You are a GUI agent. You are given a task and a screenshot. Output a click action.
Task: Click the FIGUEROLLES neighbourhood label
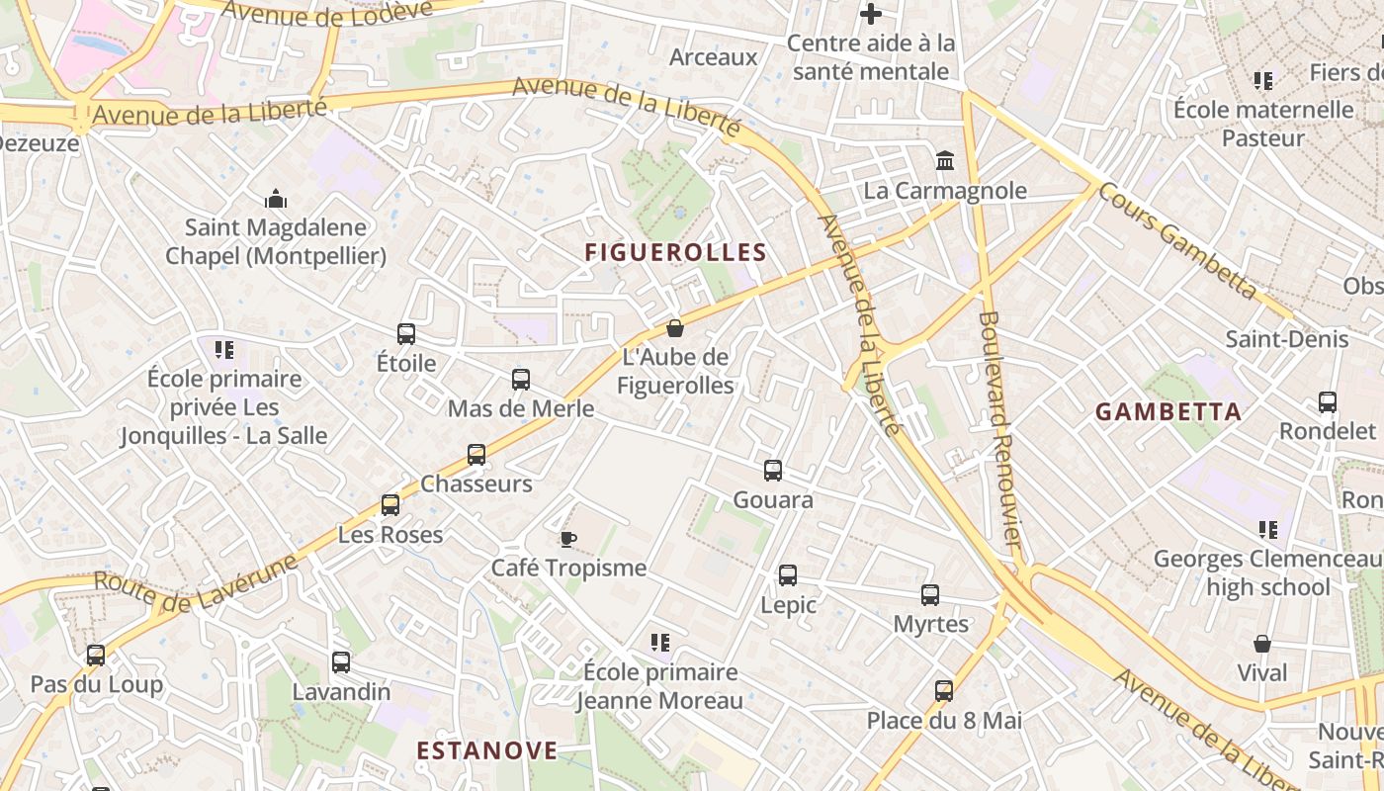(675, 252)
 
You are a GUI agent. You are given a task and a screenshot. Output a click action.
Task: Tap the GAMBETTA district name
(1168, 412)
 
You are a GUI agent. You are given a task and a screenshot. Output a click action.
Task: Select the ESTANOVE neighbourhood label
(487, 750)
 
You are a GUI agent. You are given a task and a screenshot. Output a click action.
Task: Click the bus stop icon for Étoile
(406, 334)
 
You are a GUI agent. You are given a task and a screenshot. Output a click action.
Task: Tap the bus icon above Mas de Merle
(521, 380)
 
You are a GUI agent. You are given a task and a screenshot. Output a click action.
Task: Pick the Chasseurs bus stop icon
(476, 455)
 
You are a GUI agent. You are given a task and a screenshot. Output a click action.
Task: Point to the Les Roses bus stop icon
(390, 505)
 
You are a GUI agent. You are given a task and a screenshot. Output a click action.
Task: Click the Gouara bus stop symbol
(773, 471)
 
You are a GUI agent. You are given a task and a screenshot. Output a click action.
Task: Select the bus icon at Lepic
(788, 575)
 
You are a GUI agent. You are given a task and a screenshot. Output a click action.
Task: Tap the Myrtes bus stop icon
(930, 595)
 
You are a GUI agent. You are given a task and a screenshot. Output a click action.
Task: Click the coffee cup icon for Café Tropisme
(567, 539)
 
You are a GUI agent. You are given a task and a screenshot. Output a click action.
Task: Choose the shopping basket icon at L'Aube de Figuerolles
(675, 327)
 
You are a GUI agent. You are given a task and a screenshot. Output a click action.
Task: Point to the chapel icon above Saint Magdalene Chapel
(276, 199)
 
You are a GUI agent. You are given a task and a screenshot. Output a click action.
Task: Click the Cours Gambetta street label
(1176, 240)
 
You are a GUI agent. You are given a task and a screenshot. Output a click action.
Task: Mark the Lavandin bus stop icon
(341, 662)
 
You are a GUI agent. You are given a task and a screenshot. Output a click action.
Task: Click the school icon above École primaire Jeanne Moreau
(660, 643)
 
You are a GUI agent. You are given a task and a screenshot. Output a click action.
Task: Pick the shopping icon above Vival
(1262, 644)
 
